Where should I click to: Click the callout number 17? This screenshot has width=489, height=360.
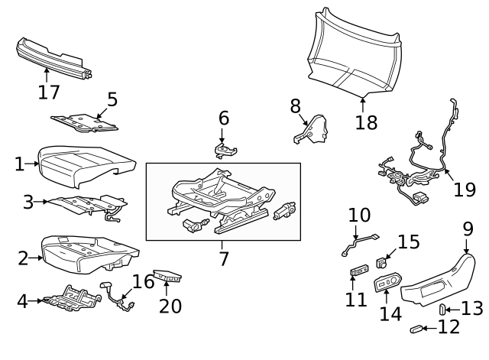48,92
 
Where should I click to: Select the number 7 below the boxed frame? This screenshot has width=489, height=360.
223,258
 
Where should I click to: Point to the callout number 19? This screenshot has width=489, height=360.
464,189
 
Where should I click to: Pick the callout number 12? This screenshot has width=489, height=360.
449,327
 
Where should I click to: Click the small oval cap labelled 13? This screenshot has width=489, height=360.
443,309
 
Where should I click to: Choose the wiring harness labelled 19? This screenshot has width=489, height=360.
416,168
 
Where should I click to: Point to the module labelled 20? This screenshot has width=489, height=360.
167,276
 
